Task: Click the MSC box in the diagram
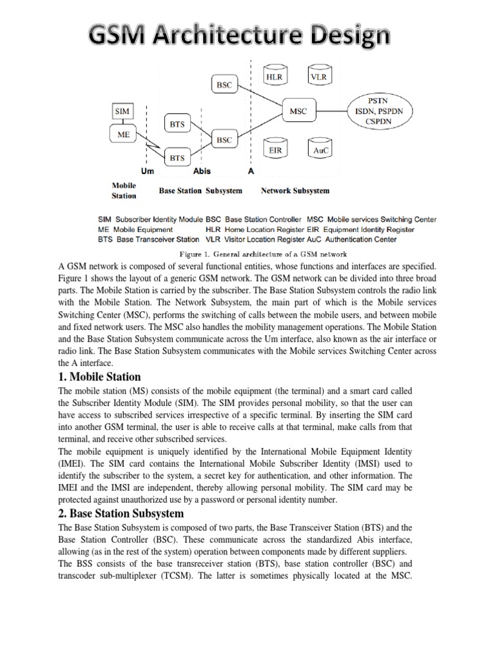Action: point(298,112)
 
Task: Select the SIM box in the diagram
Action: point(122,112)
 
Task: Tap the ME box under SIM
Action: point(122,135)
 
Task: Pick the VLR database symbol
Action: point(318,77)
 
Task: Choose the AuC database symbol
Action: point(318,150)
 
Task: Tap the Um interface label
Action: point(148,171)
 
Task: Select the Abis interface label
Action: point(202,171)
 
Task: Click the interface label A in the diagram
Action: point(250,171)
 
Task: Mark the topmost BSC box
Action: point(224,84)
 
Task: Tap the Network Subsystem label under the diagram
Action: point(295,191)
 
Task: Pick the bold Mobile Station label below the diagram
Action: point(124,190)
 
